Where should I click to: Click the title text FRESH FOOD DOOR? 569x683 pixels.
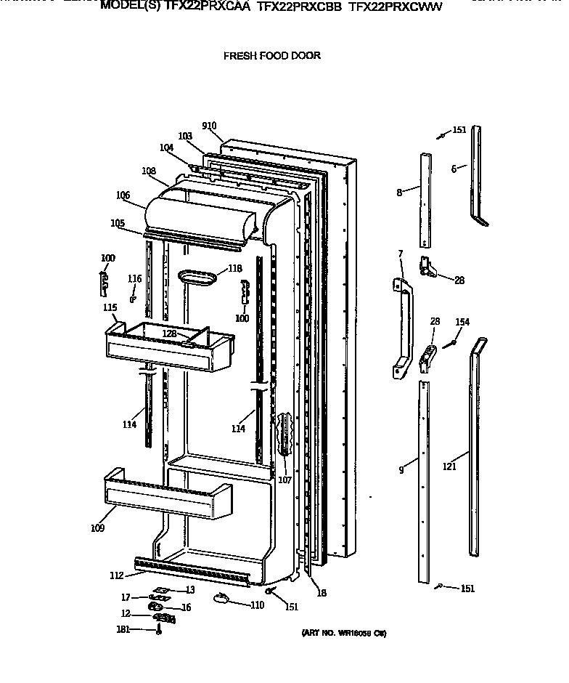click(x=272, y=56)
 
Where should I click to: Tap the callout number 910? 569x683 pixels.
click(x=209, y=126)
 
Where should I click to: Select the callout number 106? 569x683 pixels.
click(x=123, y=195)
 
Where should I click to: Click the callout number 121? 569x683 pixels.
click(x=450, y=466)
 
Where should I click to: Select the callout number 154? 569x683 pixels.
click(x=462, y=322)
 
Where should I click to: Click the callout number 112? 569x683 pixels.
click(x=116, y=576)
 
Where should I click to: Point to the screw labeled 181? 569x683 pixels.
click(x=158, y=631)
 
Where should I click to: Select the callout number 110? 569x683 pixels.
click(x=257, y=605)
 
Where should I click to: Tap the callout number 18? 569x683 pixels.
click(x=322, y=593)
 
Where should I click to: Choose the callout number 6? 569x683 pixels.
click(x=454, y=169)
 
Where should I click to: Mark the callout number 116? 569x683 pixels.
click(x=134, y=279)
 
